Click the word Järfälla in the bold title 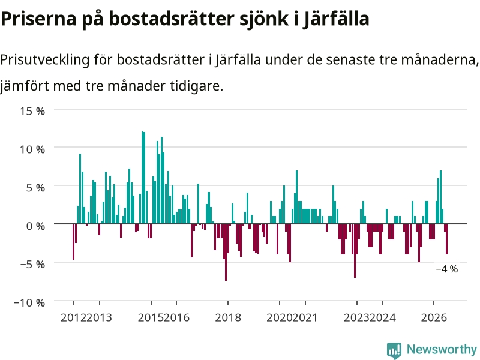tap(336, 19)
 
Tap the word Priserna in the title tap(38, 19)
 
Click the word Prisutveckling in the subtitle tap(45, 59)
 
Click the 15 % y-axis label tap(32, 111)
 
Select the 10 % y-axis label tap(32, 149)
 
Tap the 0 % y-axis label tap(35, 226)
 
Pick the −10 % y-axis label tap(29, 302)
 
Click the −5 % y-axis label tap(32, 264)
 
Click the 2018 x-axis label tap(228, 317)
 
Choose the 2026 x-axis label tap(434, 317)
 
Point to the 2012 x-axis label tap(74, 317)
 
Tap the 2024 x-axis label tap(383, 317)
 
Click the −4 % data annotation tap(447, 269)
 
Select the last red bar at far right tap(446, 239)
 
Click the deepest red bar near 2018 tap(226, 252)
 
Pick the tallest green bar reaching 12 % tap(142, 178)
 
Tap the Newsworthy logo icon tap(394, 350)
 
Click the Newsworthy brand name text tap(442, 349)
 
